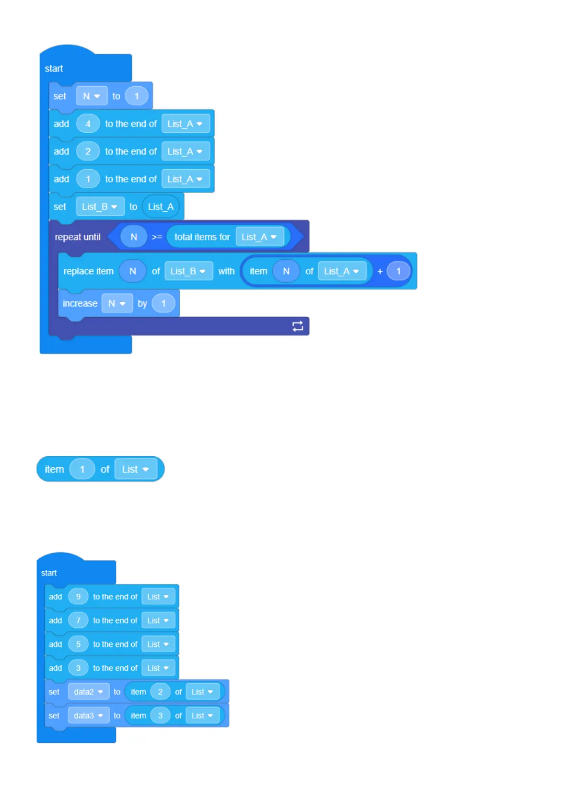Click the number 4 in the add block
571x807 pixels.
pos(88,124)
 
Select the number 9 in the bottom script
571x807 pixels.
pos(78,597)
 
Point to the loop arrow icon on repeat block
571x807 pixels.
pos(298,326)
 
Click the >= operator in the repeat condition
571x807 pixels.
pos(157,237)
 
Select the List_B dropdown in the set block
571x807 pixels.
pos(100,207)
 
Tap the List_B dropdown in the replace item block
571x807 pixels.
pos(188,271)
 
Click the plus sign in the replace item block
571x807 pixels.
pos(380,271)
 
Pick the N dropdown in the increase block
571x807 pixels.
pos(117,303)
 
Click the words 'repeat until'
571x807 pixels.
pos(78,237)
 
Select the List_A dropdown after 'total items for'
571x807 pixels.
pos(259,237)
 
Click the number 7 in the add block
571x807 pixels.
pos(78,620)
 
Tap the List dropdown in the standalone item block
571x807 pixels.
pos(136,469)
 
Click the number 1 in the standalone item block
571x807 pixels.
pos(82,469)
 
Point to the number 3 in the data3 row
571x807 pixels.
pos(160,715)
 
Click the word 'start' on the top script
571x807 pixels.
pos(54,69)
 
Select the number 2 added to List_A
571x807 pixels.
pos(88,151)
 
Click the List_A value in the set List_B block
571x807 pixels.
pos(161,207)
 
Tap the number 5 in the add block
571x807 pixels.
pos(78,644)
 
